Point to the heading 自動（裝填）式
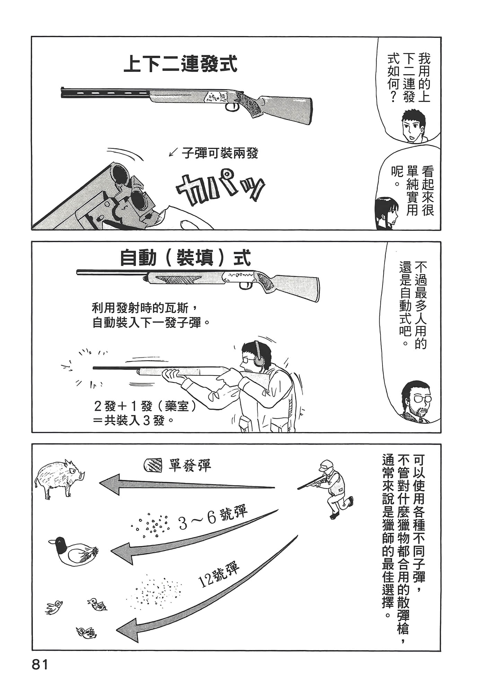click(185, 257)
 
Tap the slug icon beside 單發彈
click(153, 464)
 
